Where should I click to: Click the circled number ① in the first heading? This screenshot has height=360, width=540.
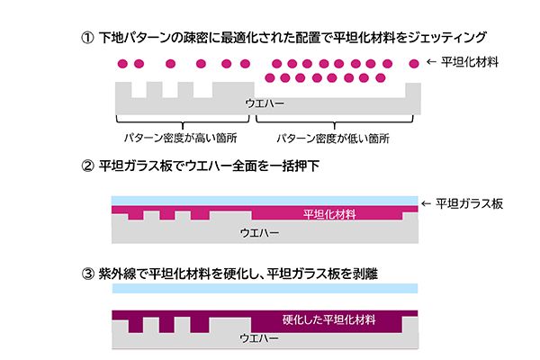[x=87, y=37]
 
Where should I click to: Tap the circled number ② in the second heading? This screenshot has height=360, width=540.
[x=87, y=166]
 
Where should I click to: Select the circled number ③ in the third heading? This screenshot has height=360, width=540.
[x=87, y=274]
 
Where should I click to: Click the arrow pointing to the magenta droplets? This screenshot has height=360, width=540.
[x=431, y=62]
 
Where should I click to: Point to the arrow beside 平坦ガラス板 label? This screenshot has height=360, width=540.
[x=427, y=204]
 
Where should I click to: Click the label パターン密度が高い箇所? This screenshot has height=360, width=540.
[x=181, y=138]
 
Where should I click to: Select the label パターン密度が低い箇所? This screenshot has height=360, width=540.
[x=333, y=139]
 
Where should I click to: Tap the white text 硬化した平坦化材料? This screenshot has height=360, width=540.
[x=328, y=319]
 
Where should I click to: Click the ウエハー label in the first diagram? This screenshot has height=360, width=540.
[x=265, y=103]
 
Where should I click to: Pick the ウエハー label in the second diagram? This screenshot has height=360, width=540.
[x=260, y=233]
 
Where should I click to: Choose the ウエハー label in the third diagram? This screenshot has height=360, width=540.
[x=259, y=338]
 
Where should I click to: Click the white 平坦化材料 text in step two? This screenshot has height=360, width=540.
[x=329, y=214]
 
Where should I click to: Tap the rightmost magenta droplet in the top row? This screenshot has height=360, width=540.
[x=414, y=64]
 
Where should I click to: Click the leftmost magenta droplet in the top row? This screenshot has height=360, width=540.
[x=122, y=64]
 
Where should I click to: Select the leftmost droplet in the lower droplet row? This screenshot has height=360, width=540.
[x=270, y=78]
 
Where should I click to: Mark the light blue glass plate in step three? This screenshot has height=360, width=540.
[x=265, y=288]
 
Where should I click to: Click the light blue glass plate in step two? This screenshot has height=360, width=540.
[x=265, y=201]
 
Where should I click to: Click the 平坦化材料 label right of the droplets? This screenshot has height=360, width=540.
[x=470, y=62]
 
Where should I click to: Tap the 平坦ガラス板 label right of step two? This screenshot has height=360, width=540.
[x=470, y=204]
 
